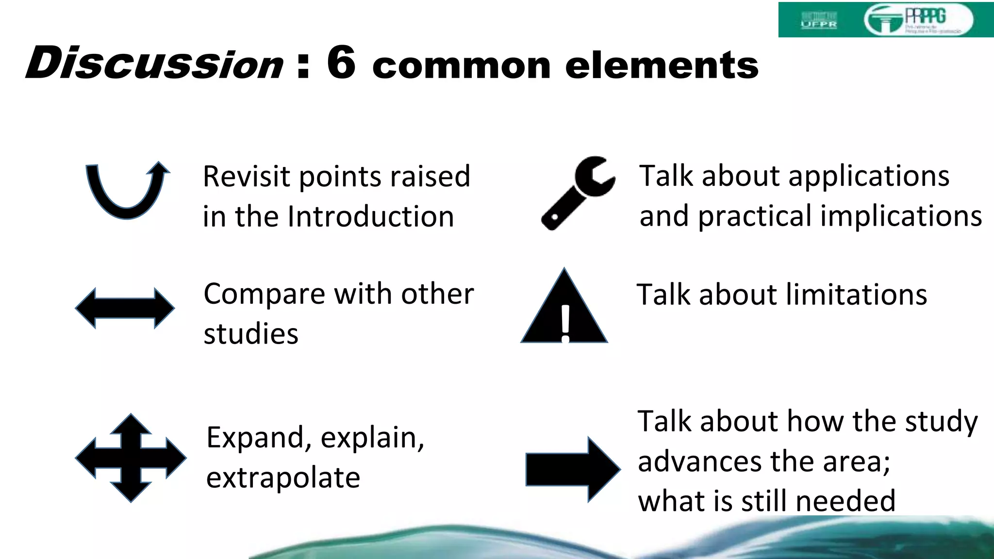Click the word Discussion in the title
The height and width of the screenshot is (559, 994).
pos(154,64)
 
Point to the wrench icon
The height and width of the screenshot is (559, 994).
pos(578,193)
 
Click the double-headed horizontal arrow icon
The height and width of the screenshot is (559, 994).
pos(125,308)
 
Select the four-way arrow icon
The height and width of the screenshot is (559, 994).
pos(131,458)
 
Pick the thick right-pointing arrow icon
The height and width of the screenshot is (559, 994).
pos(573,469)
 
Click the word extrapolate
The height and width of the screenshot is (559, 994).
pos(283,478)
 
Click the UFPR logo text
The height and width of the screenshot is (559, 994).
pos(819,23)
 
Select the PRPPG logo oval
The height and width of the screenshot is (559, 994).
pos(918,20)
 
